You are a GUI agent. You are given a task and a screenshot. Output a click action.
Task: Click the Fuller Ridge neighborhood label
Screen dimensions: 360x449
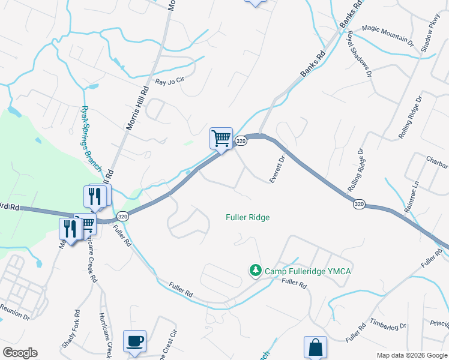(x=247, y=217)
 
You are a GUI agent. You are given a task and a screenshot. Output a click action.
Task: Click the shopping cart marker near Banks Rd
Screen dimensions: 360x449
(x=221, y=138)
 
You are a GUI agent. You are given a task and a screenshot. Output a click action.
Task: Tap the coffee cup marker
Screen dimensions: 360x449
(x=134, y=341)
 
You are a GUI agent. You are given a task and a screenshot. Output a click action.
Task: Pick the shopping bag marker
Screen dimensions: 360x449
(x=315, y=347)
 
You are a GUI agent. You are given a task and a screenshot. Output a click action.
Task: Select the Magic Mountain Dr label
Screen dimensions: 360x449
(x=388, y=35)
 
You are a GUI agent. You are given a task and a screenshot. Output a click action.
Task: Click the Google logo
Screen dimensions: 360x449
(x=20, y=353)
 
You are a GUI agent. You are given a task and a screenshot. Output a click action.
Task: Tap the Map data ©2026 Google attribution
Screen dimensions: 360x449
(x=411, y=355)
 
